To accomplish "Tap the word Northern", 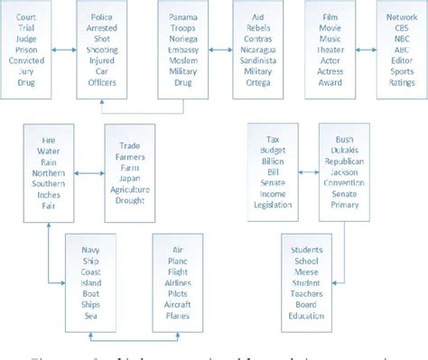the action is click(x=49, y=172).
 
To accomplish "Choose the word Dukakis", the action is click(x=344, y=149).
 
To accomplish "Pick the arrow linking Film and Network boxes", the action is click(x=363, y=51).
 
